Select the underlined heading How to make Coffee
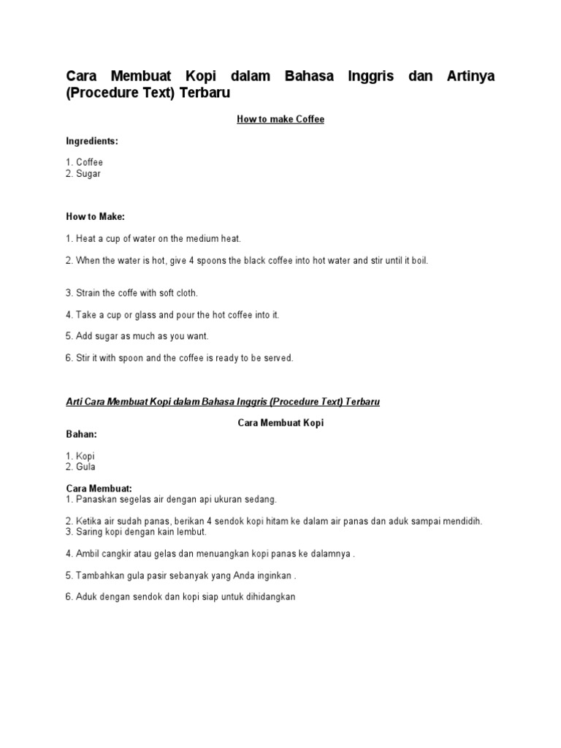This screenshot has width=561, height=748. tap(280, 119)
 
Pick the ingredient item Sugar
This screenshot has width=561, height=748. tap(88, 174)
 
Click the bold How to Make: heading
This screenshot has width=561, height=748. tap(95, 217)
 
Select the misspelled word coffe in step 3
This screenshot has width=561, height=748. tap(131, 293)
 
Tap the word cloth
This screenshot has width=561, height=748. tap(186, 293)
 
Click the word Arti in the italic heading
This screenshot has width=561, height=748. tap(75, 402)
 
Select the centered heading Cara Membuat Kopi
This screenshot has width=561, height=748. tap(280, 423)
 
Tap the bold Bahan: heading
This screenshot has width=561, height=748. tap(81, 434)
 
